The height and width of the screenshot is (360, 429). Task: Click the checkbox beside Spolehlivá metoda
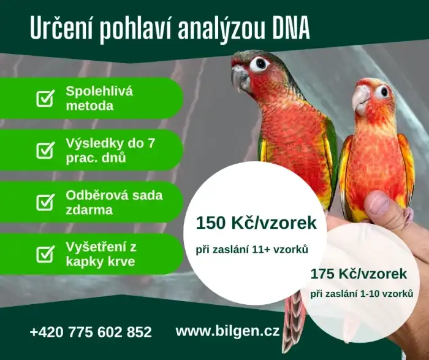click(x=45, y=98)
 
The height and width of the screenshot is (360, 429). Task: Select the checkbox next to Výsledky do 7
click(x=45, y=150)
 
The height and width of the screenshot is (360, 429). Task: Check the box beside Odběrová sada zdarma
click(x=45, y=202)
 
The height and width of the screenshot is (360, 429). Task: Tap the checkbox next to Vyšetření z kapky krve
click(x=45, y=254)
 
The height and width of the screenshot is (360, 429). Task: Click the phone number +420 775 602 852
click(x=91, y=332)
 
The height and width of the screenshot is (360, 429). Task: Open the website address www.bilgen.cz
click(x=227, y=331)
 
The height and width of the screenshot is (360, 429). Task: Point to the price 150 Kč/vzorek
click(x=256, y=223)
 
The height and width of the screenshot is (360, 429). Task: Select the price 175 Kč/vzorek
click(x=359, y=274)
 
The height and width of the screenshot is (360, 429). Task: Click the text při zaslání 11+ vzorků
click(x=252, y=250)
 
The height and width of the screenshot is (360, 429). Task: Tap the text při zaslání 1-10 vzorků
click(x=362, y=294)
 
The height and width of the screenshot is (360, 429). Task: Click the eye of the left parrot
click(x=260, y=64)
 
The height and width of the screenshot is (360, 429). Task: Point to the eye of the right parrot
click(x=383, y=91)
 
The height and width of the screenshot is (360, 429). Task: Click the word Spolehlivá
click(x=99, y=91)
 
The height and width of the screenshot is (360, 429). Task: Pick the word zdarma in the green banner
click(x=89, y=210)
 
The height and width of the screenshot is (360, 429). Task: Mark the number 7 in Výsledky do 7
click(x=151, y=143)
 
